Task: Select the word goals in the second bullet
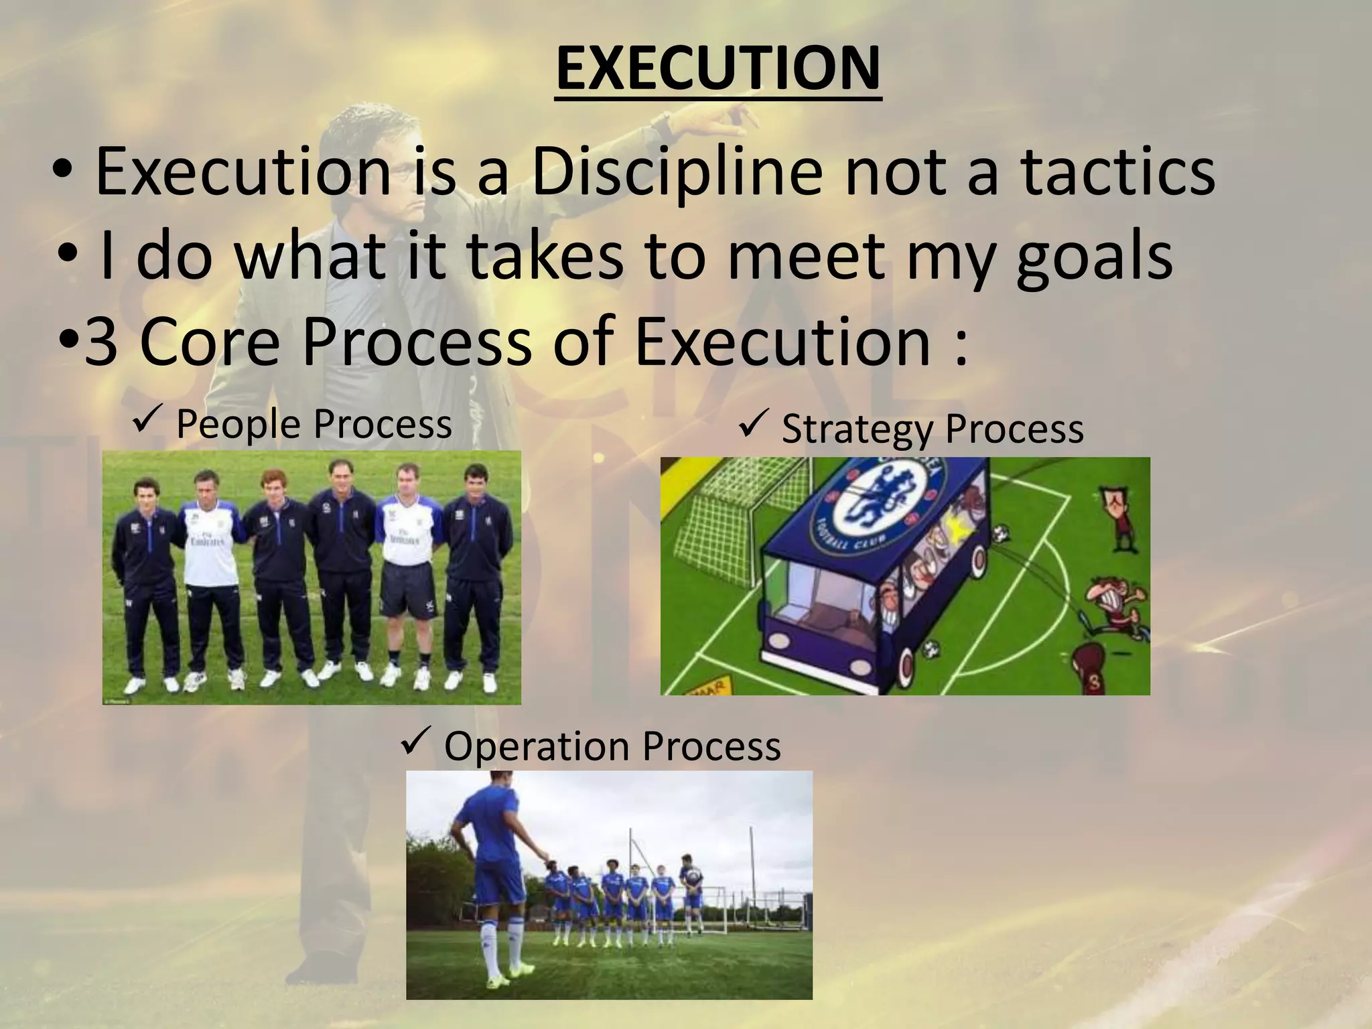click(1094, 257)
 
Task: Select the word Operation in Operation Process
click(536, 746)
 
